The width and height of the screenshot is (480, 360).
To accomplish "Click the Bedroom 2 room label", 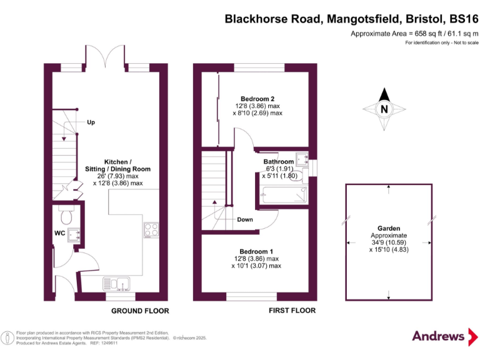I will click(257, 99).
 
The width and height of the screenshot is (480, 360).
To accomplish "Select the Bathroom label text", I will click(278, 162).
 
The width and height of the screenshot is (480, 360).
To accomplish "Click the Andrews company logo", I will click(438, 336).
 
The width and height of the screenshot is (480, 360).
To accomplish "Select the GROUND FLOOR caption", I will click(140, 311).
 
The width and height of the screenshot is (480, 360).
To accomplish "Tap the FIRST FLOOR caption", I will click(291, 311).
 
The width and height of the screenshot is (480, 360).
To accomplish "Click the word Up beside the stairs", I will click(91, 122).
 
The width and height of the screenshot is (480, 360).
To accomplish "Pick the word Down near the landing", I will click(245, 219).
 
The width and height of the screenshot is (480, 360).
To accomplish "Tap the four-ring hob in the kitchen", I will click(151, 229).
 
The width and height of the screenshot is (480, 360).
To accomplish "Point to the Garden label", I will click(389, 229).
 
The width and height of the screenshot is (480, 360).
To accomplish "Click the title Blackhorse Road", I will click(272, 19).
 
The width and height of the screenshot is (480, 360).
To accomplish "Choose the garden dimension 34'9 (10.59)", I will click(389, 242).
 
